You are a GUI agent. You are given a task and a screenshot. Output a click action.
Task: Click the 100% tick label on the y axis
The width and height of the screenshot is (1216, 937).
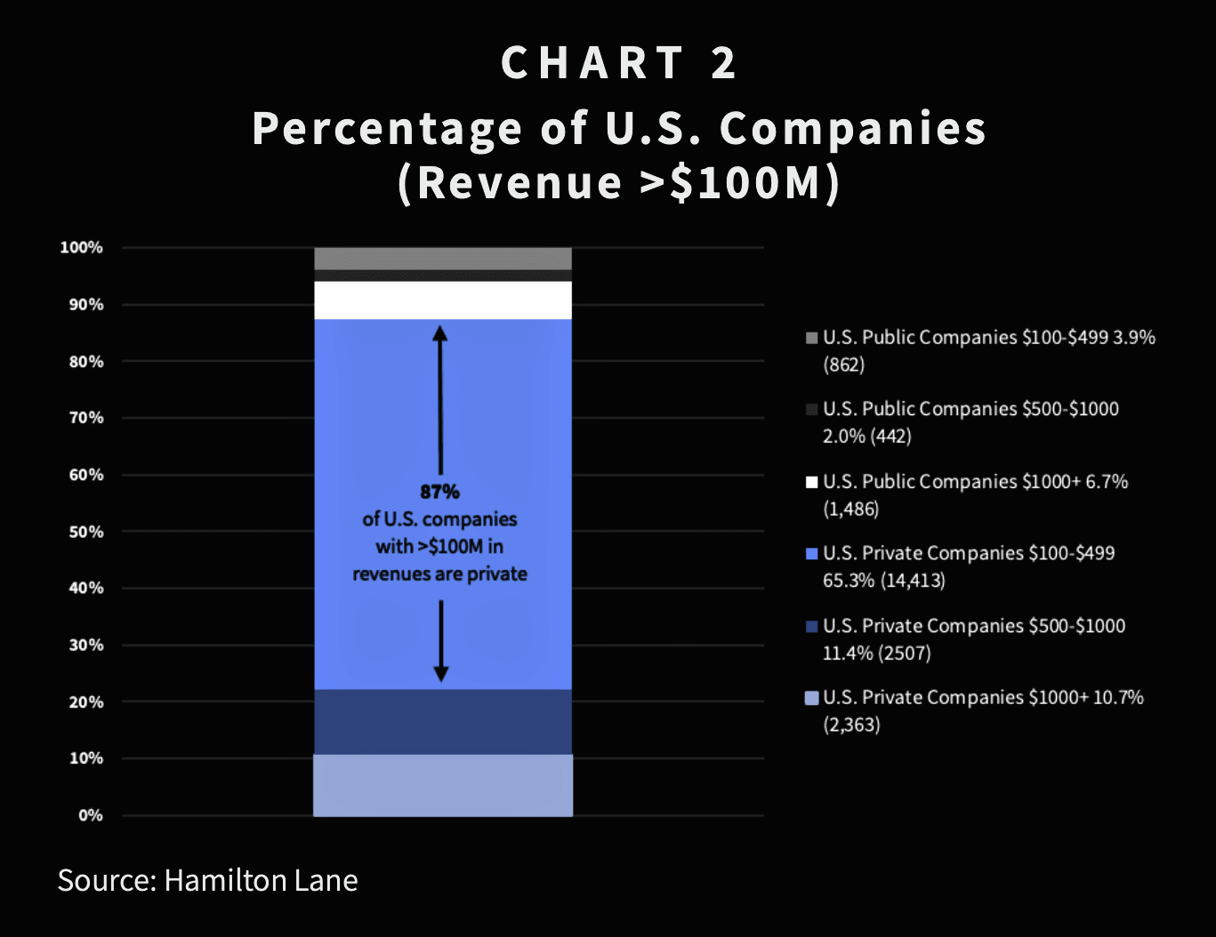[x=81, y=247]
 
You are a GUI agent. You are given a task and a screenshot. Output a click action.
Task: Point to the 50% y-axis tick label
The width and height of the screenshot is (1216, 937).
[x=86, y=532]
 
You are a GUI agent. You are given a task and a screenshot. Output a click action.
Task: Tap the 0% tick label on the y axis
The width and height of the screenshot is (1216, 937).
[x=91, y=815]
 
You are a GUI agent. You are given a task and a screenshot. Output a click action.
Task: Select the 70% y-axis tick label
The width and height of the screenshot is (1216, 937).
[x=86, y=418]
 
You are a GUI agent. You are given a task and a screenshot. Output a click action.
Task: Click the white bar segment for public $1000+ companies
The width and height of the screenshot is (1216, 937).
[x=443, y=300]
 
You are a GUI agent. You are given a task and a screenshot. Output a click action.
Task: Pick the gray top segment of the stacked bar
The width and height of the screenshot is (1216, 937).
[x=443, y=258]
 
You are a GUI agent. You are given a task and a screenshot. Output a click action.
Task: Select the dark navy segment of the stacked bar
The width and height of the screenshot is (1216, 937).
[x=443, y=722]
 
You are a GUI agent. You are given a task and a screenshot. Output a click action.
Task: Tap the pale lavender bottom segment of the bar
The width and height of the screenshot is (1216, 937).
[x=443, y=785]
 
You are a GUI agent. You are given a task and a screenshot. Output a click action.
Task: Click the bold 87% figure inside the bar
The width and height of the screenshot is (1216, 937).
[x=439, y=492]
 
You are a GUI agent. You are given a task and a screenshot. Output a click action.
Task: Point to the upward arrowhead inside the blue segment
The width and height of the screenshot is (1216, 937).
[x=440, y=333]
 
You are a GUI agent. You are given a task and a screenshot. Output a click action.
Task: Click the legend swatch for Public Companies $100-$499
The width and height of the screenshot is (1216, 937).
[x=811, y=338]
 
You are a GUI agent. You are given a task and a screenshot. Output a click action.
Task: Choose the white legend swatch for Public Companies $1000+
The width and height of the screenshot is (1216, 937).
[x=811, y=482]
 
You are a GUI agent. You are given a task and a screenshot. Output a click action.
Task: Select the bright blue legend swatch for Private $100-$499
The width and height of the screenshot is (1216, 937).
[x=811, y=554]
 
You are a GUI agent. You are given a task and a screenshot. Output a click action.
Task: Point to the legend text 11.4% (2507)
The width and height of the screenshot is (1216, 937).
[x=876, y=653]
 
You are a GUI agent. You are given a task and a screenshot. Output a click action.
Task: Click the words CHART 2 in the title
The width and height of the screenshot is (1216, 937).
[x=619, y=63]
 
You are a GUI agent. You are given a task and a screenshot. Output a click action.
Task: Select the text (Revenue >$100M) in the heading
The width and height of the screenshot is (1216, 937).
[x=619, y=182]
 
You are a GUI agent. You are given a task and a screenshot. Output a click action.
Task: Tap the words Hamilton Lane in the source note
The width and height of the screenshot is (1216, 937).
[x=261, y=880]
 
